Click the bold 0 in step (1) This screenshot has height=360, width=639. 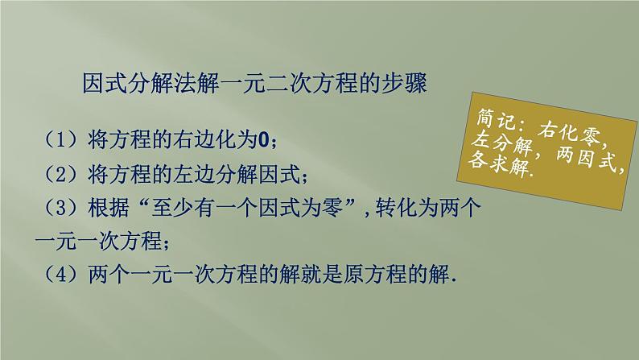(x=264, y=140)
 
